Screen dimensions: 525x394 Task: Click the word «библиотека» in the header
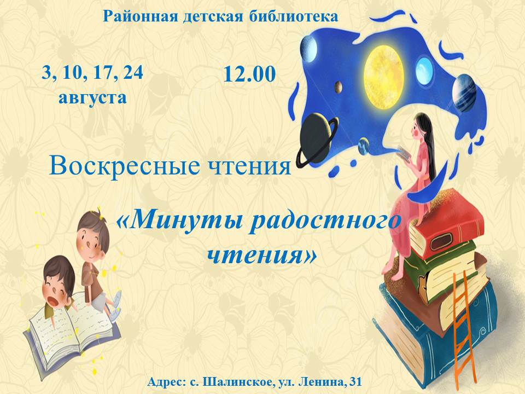[293, 16]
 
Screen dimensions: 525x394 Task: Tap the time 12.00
[249, 74]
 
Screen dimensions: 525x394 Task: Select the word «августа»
[93, 98]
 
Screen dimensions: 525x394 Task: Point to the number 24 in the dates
[133, 72]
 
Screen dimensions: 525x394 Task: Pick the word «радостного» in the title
[325, 222]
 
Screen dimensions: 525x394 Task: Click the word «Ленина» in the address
[321, 382]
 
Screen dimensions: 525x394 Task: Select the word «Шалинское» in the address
[239, 382]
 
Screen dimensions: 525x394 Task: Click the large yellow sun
[383, 77]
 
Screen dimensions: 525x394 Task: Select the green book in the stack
[439, 268]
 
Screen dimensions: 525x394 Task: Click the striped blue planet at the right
[464, 93]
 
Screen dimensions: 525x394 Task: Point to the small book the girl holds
[405, 154]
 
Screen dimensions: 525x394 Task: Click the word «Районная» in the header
[141, 16]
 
